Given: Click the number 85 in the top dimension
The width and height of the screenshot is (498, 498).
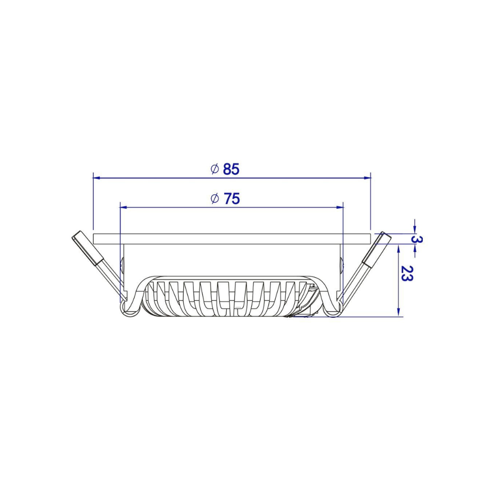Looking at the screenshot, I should (231, 169).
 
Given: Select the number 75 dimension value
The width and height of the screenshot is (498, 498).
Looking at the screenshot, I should (232, 199).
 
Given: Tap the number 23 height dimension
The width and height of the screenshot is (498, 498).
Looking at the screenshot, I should (407, 274).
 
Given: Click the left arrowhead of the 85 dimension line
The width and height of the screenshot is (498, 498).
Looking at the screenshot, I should (97, 177).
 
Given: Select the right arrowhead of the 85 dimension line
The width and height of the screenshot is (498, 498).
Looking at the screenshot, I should (367, 177).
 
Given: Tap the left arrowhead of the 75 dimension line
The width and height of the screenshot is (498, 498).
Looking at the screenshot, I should (124, 206).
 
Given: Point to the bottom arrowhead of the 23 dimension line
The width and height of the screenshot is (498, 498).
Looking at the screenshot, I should (399, 312).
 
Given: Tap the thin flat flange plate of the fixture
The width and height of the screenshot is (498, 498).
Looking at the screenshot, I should (232, 239).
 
